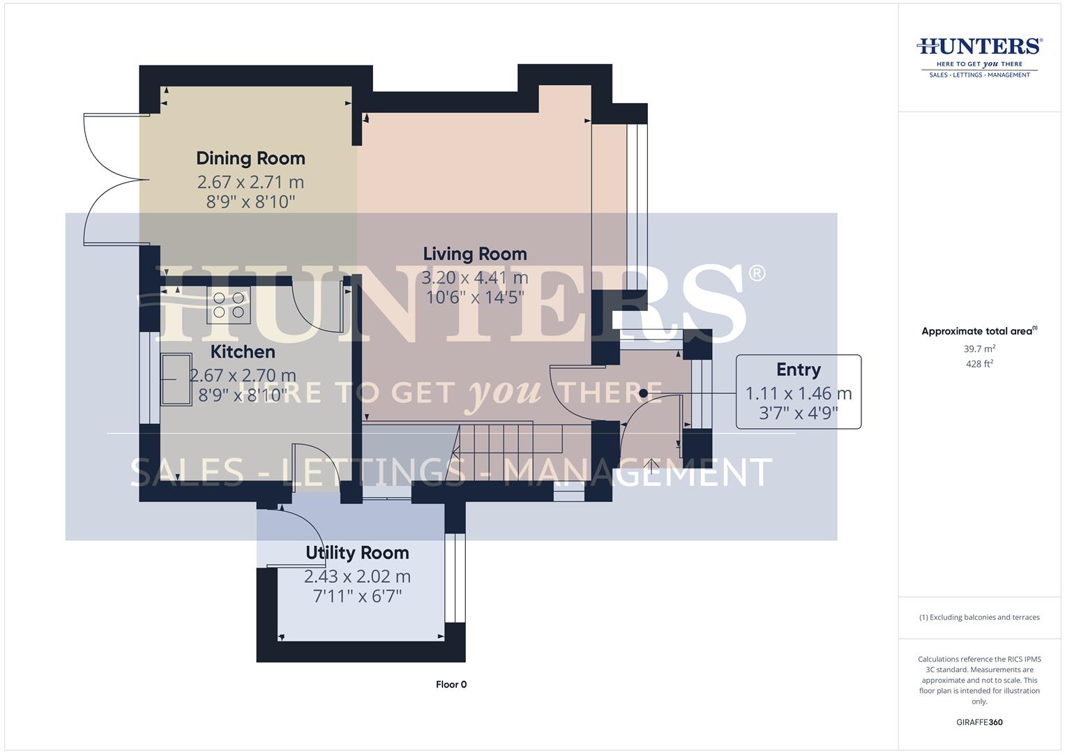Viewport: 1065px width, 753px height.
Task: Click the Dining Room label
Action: [x=250, y=158]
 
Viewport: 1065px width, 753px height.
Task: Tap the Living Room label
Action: [x=475, y=254]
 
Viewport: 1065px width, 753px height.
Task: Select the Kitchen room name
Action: [x=243, y=351]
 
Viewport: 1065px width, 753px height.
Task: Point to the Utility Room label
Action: [x=357, y=553]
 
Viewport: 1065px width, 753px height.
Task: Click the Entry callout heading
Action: [x=798, y=370]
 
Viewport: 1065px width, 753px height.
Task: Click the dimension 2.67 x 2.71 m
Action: [x=250, y=182]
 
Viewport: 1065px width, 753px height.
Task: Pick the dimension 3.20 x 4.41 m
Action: [x=475, y=277]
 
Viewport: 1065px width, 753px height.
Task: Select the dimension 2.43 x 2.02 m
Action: [x=357, y=577]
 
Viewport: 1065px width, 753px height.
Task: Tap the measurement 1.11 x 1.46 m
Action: [x=798, y=393]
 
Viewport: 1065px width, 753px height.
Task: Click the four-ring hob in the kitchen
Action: [x=228, y=306]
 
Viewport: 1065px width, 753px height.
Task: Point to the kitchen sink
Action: [x=176, y=379]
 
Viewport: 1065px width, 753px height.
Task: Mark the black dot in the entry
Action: [x=643, y=393]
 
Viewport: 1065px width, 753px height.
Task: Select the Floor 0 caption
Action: [x=451, y=685]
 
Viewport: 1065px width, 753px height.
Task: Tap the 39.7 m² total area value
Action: [x=979, y=349]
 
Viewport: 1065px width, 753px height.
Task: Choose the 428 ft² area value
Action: [x=979, y=364]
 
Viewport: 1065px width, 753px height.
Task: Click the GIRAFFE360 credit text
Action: [x=979, y=722]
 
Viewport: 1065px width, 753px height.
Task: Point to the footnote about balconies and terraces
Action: [x=979, y=617]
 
